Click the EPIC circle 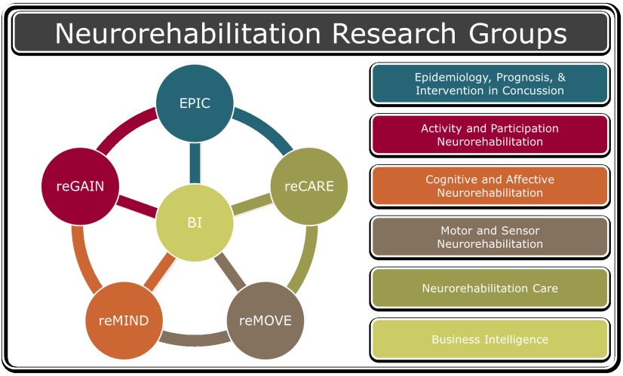coord(195,103)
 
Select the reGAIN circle coord(80,186)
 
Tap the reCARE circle coord(309,186)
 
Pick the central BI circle coord(195,223)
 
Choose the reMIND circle coord(124,320)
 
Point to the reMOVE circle coord(265,320)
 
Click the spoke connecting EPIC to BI coord(195,164)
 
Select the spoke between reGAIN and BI coord(137,205)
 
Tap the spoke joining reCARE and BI coord(252,204)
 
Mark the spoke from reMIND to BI coord(160,272)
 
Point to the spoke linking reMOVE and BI coord(230,272)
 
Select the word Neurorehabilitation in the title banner coord(188,33)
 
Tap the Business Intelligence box coord(490,340)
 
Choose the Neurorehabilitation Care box coord(490,289)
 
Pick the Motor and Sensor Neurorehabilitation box coord(490,237)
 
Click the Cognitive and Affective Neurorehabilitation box coord(490,186)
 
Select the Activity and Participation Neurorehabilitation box coord(490,135)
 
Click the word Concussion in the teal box coord(533,90)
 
